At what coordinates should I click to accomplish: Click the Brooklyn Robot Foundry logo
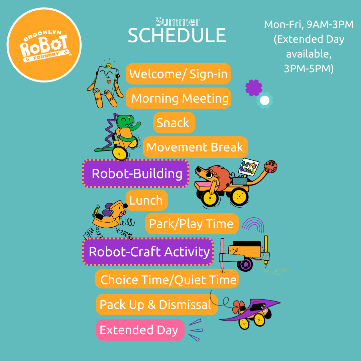(x=44, y=45)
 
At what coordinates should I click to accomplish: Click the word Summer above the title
(x=178, y=22)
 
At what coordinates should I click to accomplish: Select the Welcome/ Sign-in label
(x=178, y=74)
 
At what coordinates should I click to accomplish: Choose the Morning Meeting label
(x=178, y=98)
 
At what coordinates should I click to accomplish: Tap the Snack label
(x=174, y=122)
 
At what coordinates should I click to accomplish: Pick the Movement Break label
(x=195, y=147)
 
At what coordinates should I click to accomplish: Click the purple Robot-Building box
(x=136, y=173)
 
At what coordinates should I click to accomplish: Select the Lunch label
(x=147, y=200)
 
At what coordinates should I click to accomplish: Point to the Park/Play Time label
(x=192, y=224)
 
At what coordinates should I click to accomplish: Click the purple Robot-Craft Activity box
(x=148, y=252)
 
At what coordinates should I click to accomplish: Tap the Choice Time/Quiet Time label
(x=167, y=279)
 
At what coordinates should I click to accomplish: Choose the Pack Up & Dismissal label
(x=157, y=305)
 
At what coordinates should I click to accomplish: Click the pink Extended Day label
(x=140, y=330)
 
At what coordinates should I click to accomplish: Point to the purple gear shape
(x=254, y=88)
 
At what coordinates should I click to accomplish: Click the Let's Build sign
(x=248, y=167)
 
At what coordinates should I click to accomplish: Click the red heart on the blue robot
(x=109, y=81)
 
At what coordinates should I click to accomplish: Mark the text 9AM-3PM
(x=330, y=24)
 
